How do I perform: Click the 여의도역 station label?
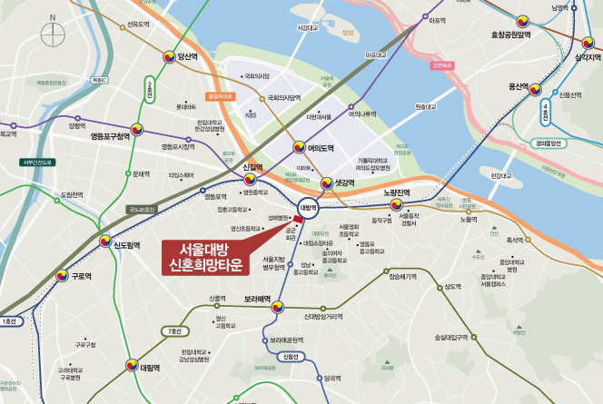tap(320, 147)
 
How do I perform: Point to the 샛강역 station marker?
tap(324, 182)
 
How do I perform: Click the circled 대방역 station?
tap(309, 208)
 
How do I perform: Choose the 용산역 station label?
tap(518, 86)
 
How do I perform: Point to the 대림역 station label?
tap(150, 368)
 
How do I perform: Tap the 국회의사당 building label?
tap(258, 77)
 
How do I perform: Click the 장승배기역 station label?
tap(402, 276)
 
